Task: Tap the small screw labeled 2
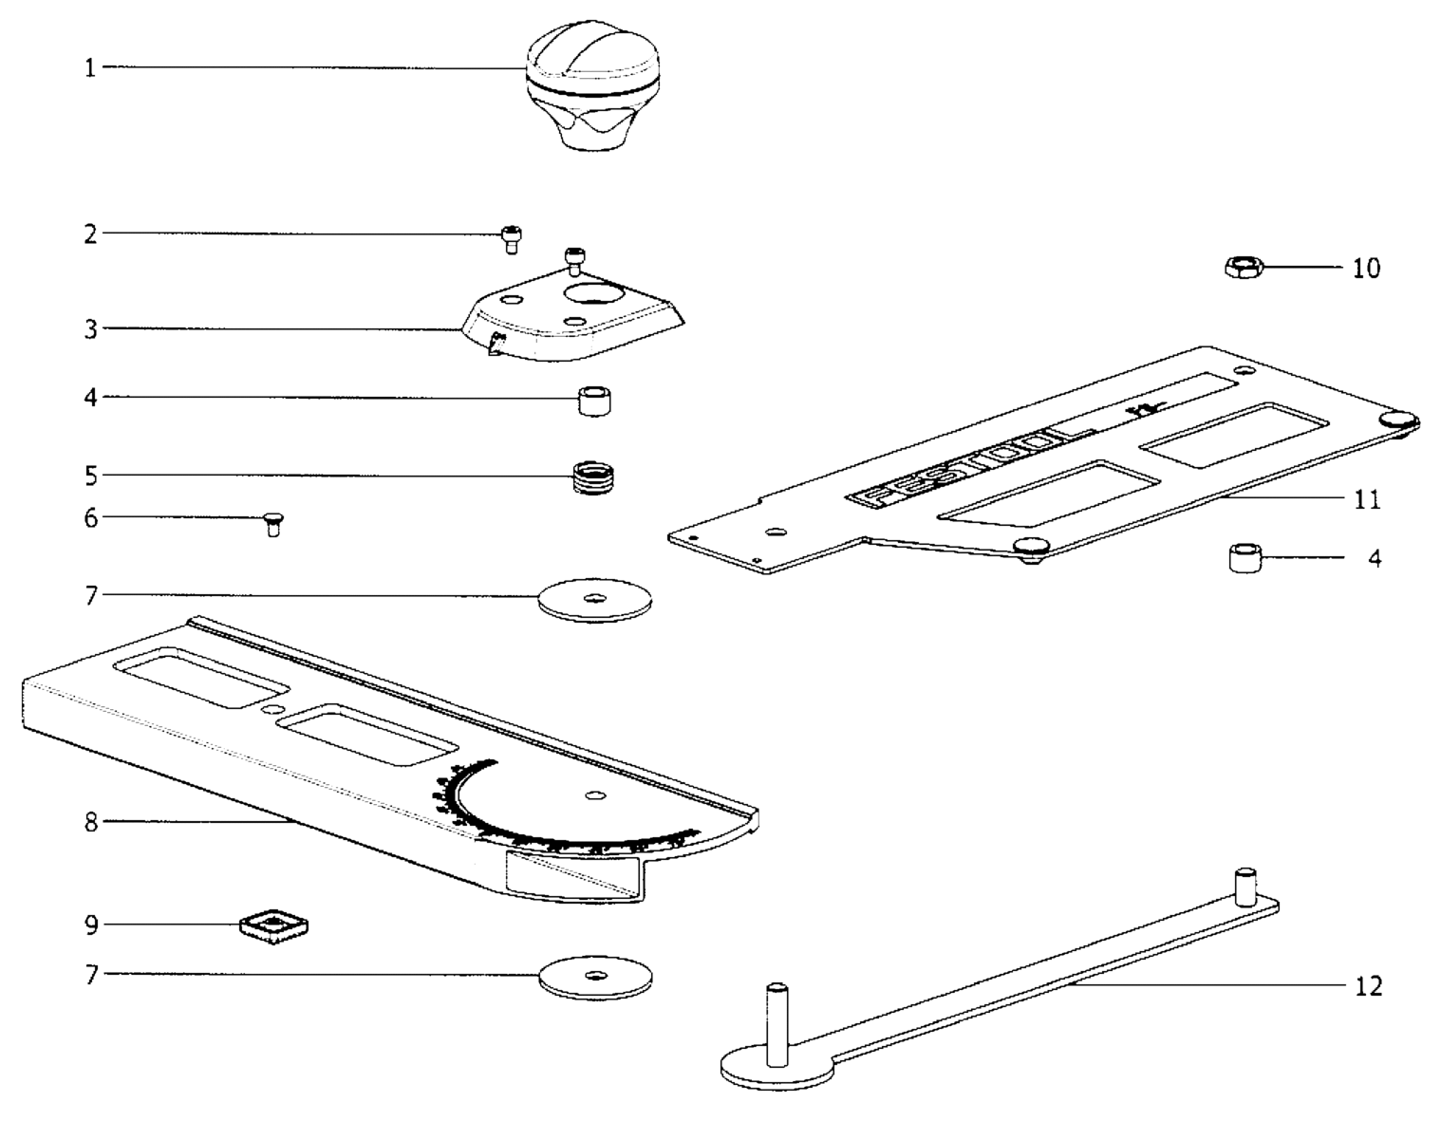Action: (512, 239)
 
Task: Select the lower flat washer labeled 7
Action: (595, 978)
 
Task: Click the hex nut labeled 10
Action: (1240, 267)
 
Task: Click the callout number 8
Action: (91, 822)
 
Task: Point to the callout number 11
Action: (1367, 499)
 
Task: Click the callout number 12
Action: (1368, 986)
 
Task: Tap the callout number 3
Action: (91, 329)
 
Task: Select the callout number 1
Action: (91, 67)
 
